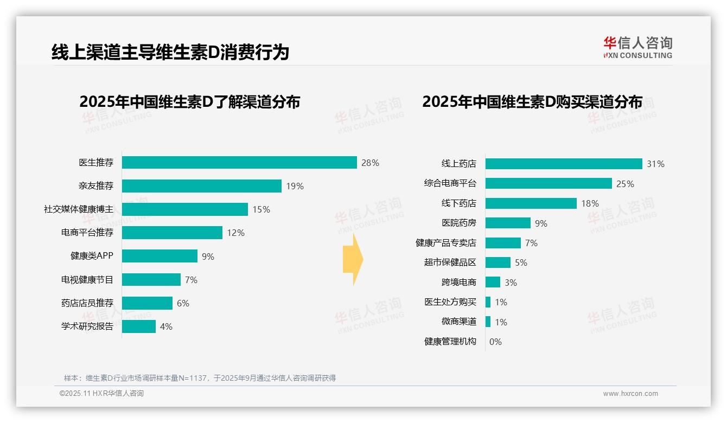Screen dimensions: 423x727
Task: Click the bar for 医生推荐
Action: click(239, 163)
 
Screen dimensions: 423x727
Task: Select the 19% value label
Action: click(295, 187)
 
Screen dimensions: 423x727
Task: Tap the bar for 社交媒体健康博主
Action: click(184, 209)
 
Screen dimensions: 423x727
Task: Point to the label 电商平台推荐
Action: click(87, 233)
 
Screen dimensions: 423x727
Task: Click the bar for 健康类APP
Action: click(160, 256)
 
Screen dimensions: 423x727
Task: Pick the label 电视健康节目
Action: click(87, 280)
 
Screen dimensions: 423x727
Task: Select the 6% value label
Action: click(183, 304)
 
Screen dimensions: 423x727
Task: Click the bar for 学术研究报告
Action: click(139, 326)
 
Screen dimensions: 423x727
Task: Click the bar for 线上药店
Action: click(564, 164)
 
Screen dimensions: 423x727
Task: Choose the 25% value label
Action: click(625, 184)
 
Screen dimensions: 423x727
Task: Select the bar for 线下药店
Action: click(531, 203)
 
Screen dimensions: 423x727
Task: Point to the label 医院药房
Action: click(458, 223)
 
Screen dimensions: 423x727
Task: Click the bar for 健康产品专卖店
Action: click(503, 243)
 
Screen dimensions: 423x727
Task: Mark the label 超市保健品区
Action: click(450, 262)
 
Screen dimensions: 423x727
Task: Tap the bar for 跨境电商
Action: click(493, 282)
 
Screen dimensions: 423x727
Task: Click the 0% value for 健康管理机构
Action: click(495, 342)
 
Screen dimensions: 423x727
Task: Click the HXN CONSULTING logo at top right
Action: click(637, 48)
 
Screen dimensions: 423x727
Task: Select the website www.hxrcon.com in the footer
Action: click(630, 394)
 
